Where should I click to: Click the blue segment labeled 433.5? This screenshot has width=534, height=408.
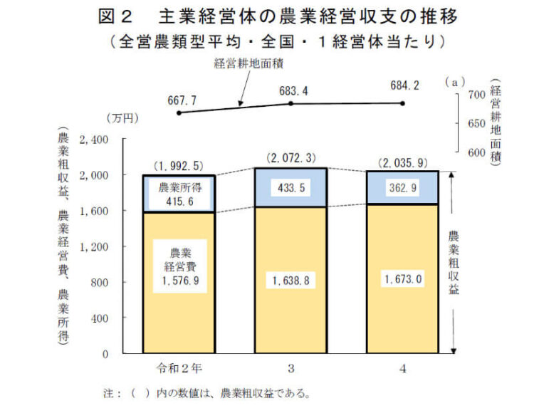pos(290,188)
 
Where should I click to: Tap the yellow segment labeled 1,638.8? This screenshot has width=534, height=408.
pos(290,281)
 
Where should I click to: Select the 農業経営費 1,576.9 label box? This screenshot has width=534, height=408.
pos(179,265)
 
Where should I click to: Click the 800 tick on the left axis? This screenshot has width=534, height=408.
pos(98,283)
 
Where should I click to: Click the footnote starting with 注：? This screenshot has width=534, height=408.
pos(206,392)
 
